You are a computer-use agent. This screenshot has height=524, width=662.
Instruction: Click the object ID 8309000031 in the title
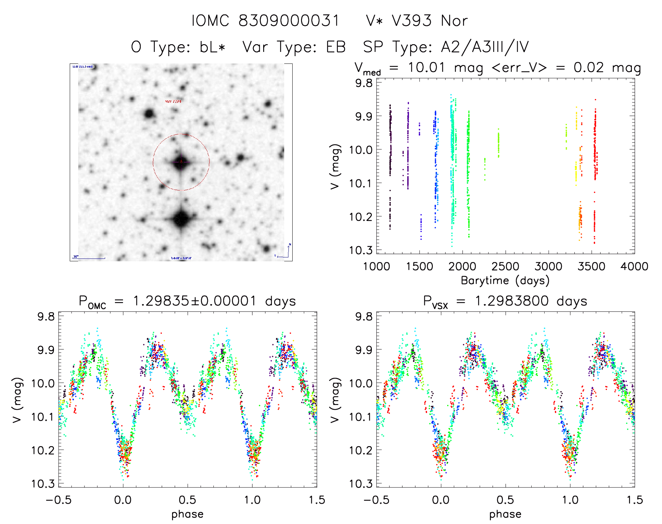pyautogui.click(x=289, y=21)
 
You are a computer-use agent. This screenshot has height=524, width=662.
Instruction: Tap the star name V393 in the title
pyautogui.click(x=412, y=21)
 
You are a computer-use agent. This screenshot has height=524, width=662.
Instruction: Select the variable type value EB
pyautogui.click(x=336, y=47)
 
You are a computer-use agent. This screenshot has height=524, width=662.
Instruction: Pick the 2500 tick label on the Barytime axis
pyautogui.click(x=505, y=266)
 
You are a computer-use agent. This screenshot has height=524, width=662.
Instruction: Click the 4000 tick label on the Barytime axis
pyautogui.click(x=634, y=266)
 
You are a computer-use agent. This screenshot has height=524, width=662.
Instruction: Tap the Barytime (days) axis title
pyautogui.click(x=505, y=281)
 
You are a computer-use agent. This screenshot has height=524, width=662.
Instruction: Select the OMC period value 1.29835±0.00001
pyautogui.click(x=194, y=301)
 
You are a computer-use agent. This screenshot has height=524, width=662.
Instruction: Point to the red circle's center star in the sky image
pyautogui.click(x=181, y=162)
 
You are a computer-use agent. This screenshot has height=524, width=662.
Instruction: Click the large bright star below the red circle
pyautogui.click(x=182, y=219)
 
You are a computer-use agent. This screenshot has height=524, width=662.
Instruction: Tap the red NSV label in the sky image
pyautogui.click(x=173, y=101)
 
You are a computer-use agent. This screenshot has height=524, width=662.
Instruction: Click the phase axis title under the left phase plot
pyautogui.click(x=187, y=514)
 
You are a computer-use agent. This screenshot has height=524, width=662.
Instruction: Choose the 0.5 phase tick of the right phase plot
pyautogui.click(x=505, y=500)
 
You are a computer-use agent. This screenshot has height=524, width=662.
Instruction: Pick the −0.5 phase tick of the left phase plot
pyautogui.click(x=59, y=500)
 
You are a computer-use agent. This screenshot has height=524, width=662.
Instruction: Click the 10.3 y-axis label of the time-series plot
pyautogui.click(x=361, y=250)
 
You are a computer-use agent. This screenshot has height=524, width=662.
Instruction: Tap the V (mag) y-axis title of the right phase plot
pyautogui.click(x=335, y=400)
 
